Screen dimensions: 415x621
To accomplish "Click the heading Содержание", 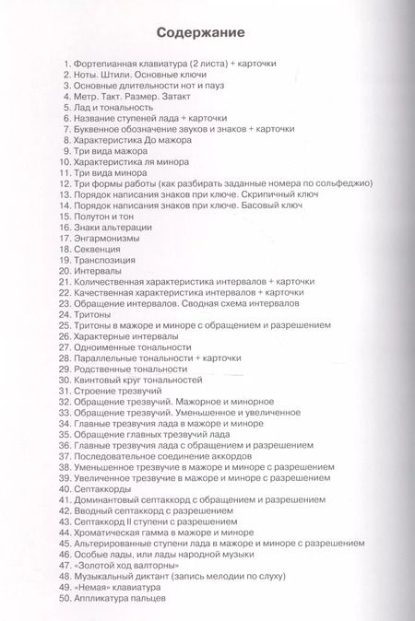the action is point(200,33).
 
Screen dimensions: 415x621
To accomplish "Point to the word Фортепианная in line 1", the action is point(116,63).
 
